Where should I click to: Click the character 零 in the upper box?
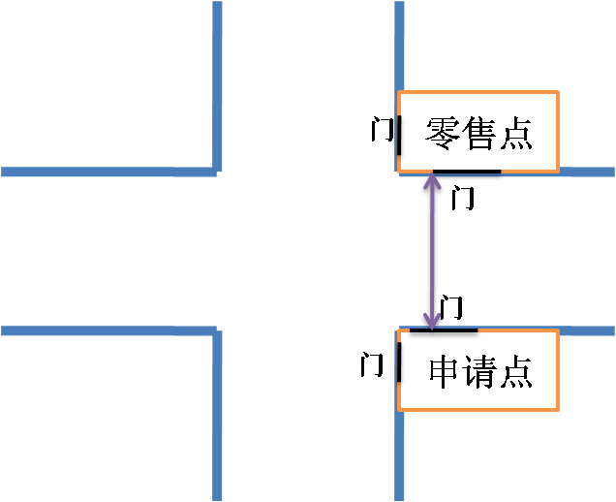click(443, 133)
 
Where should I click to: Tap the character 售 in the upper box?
click(479, 133)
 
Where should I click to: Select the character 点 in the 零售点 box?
click(515, 133)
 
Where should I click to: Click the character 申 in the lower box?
click(444, 371)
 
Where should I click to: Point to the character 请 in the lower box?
click(479, 371)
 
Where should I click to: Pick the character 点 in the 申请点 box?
click(515, 371)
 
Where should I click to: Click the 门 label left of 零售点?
click(383, 130)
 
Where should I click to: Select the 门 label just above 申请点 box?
click(451, 308)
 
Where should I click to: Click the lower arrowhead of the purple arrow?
click(431, 320)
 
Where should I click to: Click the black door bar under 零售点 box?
click(466, 174)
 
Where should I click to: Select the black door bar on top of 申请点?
click(444, 330)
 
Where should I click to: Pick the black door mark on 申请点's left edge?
click(395, 366)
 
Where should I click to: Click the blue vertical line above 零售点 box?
click(399, 44)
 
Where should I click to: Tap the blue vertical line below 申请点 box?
click(399, 455)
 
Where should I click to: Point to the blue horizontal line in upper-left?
click(107, 172)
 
